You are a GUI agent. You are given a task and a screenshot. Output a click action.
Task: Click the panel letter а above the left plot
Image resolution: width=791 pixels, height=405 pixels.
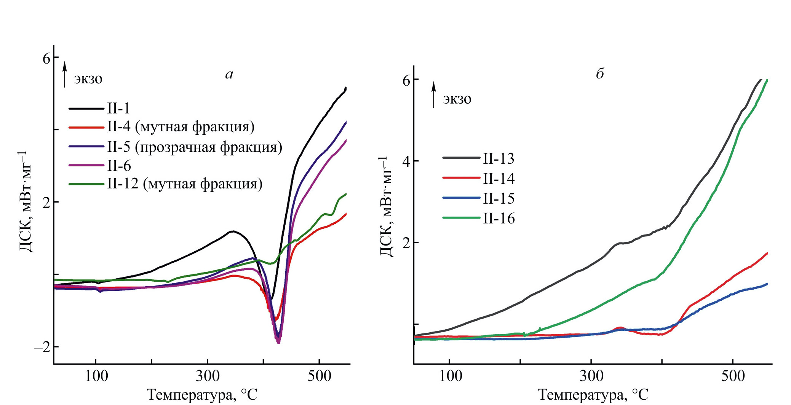coord(229,74)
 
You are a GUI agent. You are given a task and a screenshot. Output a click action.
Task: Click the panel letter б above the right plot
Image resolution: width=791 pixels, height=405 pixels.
coord(600,73)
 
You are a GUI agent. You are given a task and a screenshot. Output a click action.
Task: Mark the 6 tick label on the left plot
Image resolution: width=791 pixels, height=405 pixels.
coord(46,59)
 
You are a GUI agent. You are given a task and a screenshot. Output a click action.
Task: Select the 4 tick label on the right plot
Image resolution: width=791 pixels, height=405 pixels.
coord(406,161)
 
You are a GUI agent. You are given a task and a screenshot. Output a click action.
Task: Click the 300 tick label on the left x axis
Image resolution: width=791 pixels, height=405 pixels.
coord(208,376)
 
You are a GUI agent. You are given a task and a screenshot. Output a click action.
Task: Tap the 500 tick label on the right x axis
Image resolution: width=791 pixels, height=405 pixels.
coord(733,376)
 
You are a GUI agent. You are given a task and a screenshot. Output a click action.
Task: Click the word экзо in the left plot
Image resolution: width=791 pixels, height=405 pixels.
coord(88,79)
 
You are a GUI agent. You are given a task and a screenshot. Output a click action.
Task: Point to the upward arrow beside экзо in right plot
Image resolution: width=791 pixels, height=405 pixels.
coord(433,94)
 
